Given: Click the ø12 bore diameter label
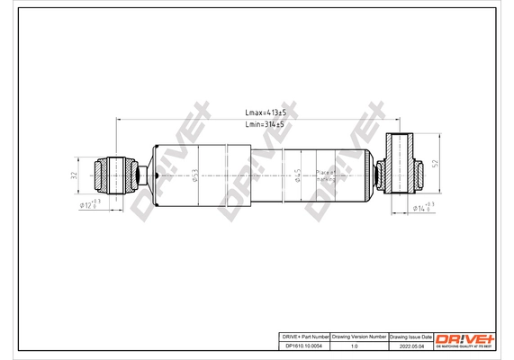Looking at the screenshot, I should coord(89,205).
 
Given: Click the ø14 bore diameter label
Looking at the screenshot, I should coord(422,208).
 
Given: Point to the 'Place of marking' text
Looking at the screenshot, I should coord(325,175).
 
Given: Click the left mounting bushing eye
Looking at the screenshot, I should coord(116,173).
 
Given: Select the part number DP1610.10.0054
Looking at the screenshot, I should coord(302,345).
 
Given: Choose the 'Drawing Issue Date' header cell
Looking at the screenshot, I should coord(410,335).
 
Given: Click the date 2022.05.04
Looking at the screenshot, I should coord(410,345).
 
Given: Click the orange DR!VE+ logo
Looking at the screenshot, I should coord(464,338).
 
